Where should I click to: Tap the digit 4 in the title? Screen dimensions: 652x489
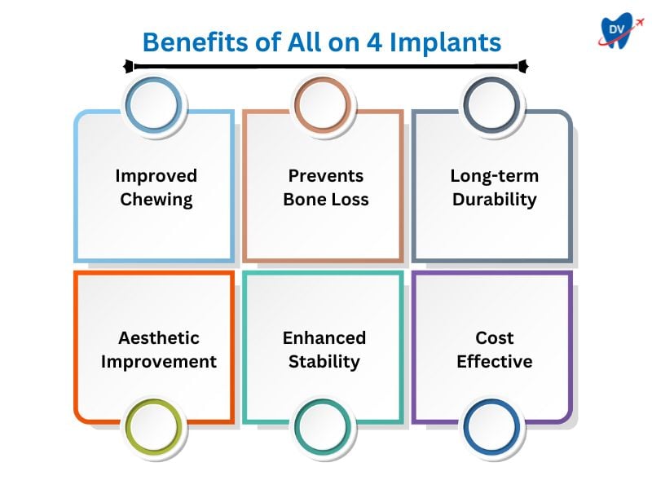pos(374,42)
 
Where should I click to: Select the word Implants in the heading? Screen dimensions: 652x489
pos(445,43)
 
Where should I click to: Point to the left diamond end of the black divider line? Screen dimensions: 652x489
pos(129,66)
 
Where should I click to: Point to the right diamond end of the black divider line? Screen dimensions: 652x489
pos(523,66)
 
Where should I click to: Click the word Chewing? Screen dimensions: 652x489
pos(156,200)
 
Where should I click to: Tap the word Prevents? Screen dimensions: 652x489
pos(326,176)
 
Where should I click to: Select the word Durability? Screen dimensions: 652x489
pos(495,200)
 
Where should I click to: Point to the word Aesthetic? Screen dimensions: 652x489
pos(159,337)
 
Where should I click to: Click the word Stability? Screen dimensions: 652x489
pos(324,362)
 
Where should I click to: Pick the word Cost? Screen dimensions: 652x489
pos(495,337)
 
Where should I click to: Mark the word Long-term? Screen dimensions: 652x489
pos(495,176)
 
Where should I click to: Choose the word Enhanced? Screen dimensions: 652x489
pos(324,337)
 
